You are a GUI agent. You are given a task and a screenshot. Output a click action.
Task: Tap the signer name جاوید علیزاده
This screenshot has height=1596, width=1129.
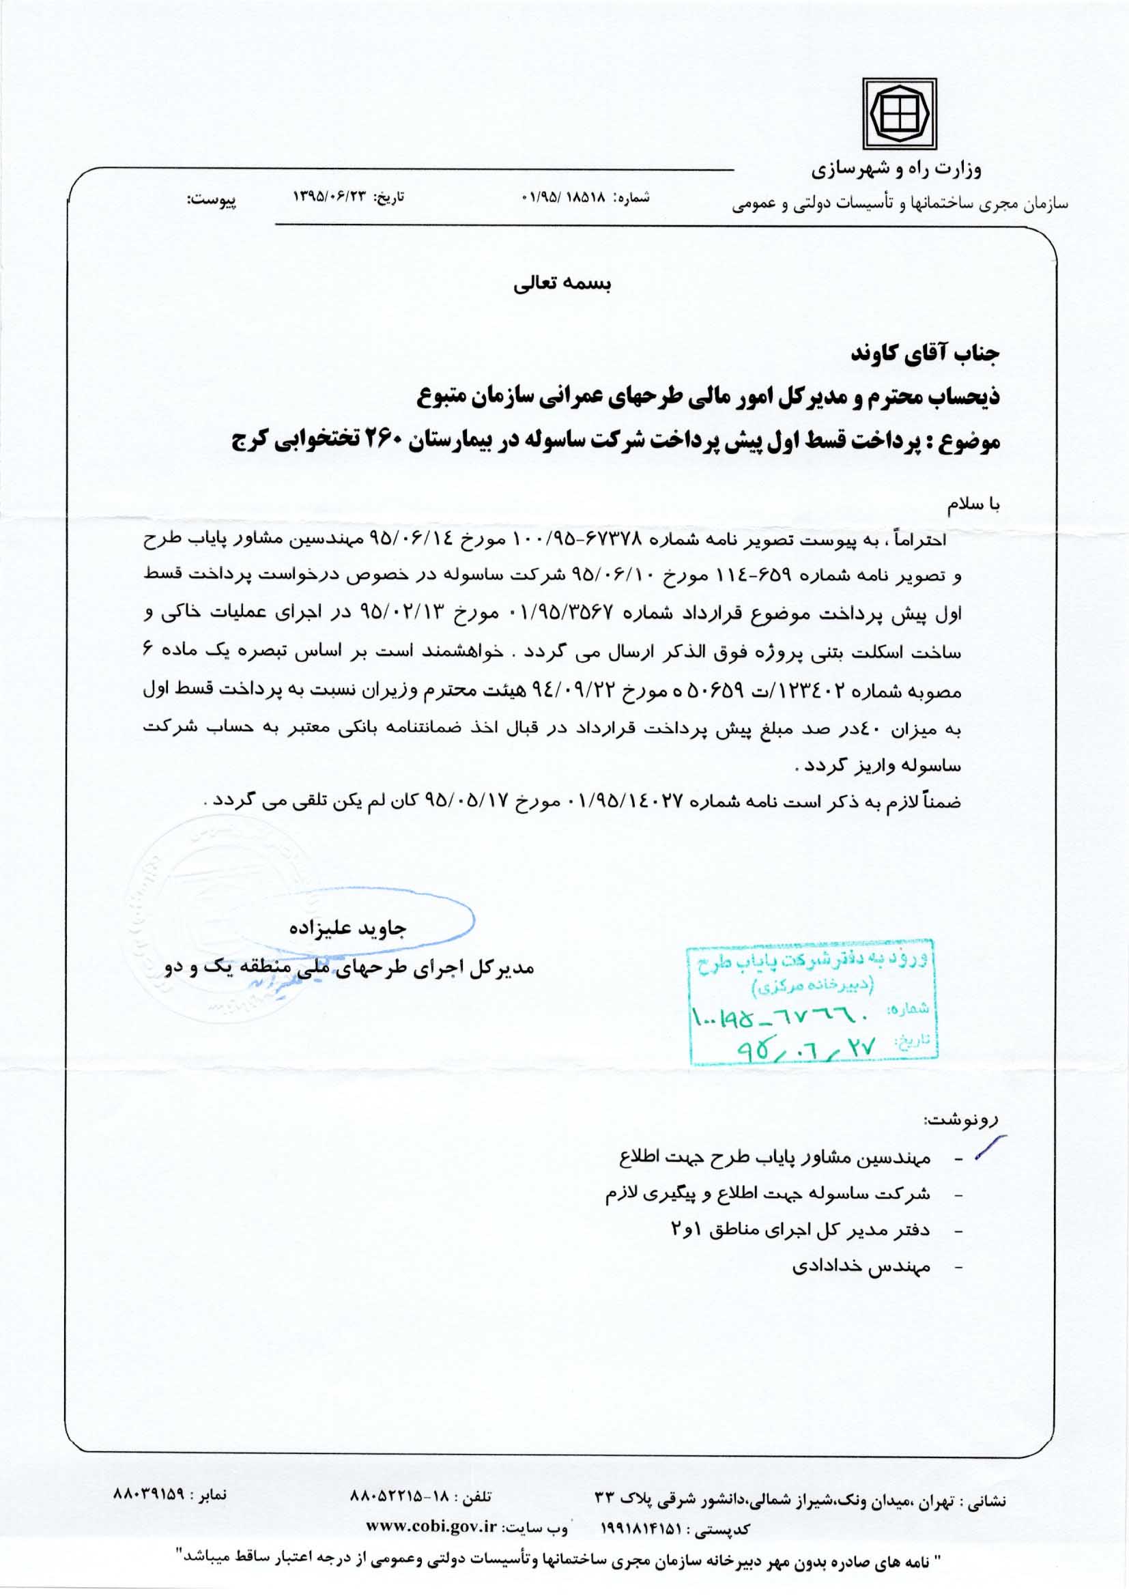point(348,928)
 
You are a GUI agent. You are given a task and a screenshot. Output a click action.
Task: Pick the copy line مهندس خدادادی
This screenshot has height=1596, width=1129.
point(861,1266)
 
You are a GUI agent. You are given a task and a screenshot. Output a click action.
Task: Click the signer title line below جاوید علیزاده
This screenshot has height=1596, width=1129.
point(348,967)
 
